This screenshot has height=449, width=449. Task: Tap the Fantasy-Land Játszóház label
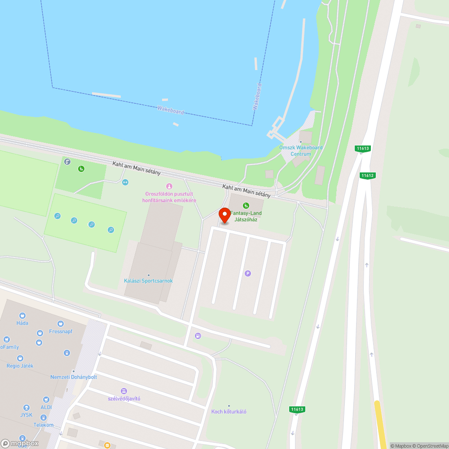pos(246,216)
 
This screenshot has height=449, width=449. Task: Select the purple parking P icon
pos(247,273)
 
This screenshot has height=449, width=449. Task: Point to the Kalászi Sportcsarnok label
pos(148,281)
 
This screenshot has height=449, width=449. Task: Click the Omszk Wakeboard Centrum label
pos(301,150)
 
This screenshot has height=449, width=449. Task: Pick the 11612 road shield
pos(367,176)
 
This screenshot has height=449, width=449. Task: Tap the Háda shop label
pos(22,323)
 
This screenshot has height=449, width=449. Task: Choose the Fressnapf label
pos(61,331)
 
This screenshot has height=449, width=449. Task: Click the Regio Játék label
pos(20,366)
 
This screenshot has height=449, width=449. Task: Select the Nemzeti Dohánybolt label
pos(74,377)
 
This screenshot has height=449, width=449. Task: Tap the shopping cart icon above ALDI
pos(46,399)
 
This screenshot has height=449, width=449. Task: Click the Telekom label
pos(44,425)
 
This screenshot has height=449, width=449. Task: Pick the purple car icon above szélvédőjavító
pos(124,391)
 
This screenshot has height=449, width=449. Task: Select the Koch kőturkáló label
pos(229,411)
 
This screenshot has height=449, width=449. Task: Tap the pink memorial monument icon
pos(169,186)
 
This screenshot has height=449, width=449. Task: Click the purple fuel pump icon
pos(198,335)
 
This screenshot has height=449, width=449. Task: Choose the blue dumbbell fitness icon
pos(125,182)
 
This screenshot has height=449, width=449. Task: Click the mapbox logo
pos(20,443)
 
